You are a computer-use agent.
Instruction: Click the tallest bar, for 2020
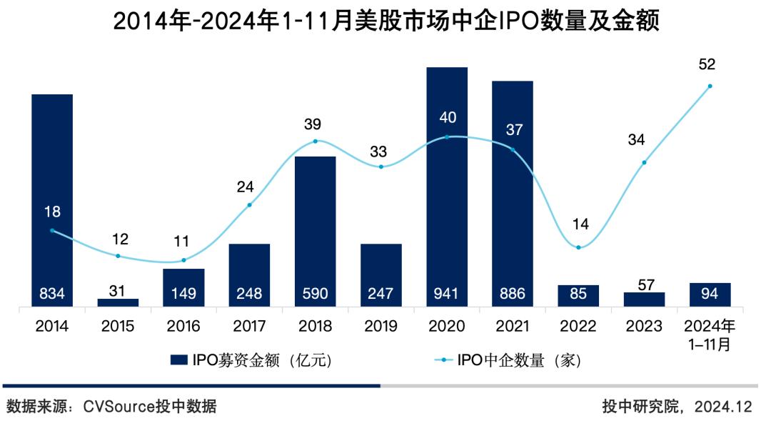click(447, 186)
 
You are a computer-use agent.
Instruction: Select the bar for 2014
click(52, 200)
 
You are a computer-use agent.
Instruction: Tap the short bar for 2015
click(118, 302)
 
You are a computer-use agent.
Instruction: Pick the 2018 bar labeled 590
click(316, 229)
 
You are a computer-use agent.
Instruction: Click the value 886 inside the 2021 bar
click(513, 293)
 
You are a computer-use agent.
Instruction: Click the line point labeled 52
click(710, 86)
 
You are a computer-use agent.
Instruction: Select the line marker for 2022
click(578, 247)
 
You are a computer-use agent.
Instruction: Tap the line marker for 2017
click(249, 205)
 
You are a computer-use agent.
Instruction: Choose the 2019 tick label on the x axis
click(381, 327)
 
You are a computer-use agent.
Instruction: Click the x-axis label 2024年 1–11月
click(710, 335)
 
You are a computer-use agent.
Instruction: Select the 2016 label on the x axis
click(183, 327)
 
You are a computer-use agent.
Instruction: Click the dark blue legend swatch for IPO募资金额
click(178, 360)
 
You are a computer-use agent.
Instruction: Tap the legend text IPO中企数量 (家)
click(519, 360)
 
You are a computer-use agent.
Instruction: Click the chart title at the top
click(385, 21)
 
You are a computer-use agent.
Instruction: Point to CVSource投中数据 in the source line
click(149, 407)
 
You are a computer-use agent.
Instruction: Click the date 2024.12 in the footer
click(727, 407)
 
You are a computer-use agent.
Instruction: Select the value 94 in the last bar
click(710, 293)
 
